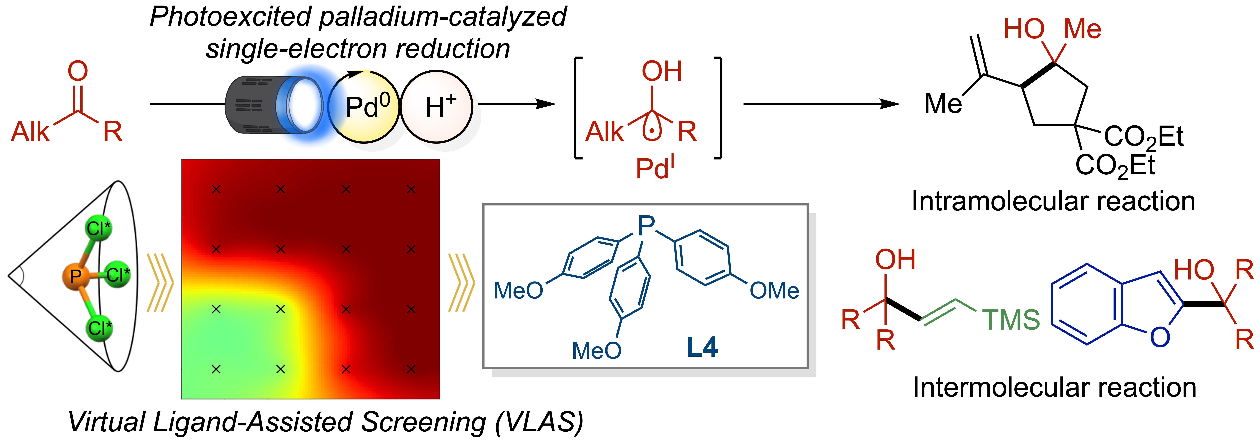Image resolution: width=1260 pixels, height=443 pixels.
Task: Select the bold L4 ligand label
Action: [x=702, y=347]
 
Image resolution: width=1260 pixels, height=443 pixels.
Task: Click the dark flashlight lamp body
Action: [x=252, y=105]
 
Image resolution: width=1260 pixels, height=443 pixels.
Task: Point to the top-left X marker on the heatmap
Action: [x=216, y=189]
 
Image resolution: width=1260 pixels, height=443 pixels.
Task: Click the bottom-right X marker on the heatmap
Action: [x=411, y=369]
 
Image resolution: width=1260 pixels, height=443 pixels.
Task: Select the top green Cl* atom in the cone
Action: [x=98, y=228]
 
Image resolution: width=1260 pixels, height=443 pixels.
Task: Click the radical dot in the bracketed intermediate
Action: [x=652, y=131]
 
